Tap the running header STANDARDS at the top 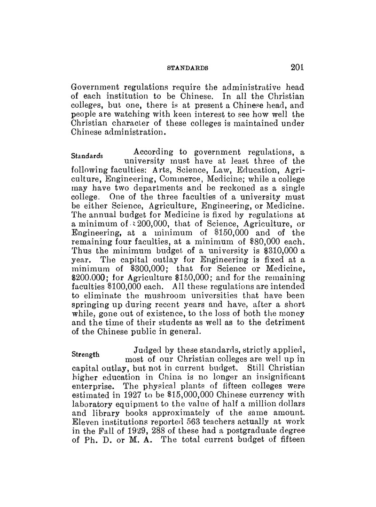(x=188, y=69)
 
